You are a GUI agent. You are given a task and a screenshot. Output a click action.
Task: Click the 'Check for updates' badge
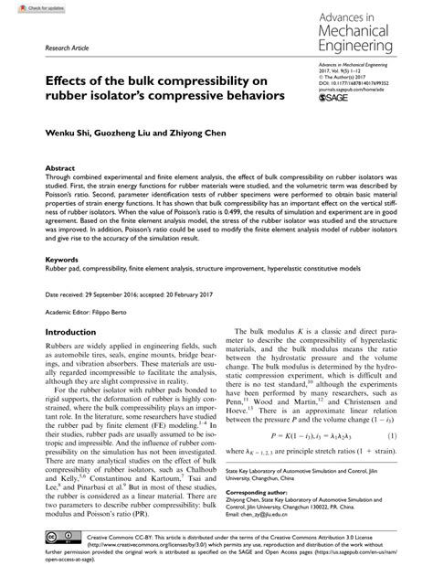click(28, 7)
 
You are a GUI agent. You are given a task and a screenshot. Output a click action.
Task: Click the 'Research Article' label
click(54, 45)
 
